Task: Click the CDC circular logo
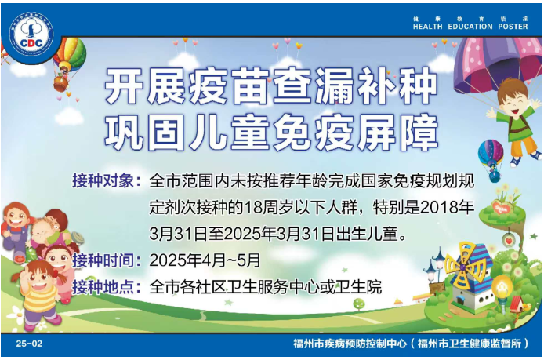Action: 31,36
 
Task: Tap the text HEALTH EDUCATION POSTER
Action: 470,26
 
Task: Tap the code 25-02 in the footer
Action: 28,344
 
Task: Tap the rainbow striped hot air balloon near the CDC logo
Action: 70,55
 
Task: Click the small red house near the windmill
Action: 517,301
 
